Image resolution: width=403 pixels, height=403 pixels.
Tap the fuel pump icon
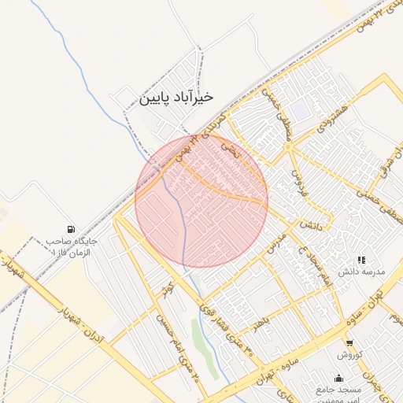72,228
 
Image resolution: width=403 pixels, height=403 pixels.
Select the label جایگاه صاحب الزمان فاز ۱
71,246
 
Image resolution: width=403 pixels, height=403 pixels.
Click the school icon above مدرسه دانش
361,259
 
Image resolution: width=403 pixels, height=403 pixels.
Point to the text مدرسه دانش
361,272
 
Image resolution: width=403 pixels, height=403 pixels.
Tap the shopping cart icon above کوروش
349,342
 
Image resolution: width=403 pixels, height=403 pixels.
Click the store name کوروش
349,355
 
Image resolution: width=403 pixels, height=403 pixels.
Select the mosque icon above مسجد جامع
339,379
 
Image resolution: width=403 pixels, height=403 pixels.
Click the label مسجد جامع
339,390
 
